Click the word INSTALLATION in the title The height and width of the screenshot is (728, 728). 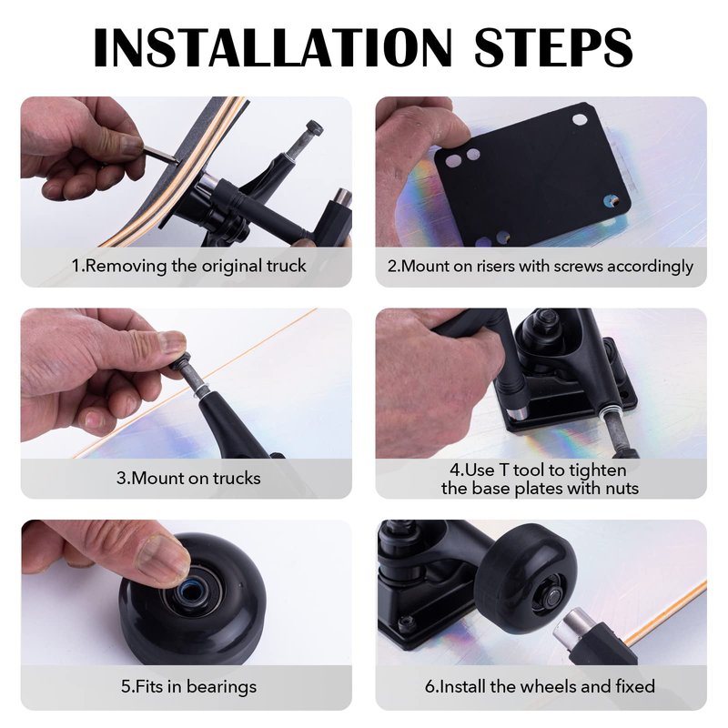point(272,48)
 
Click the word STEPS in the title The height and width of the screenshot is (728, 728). point(553,48)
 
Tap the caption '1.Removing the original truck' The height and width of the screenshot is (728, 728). point(188,266)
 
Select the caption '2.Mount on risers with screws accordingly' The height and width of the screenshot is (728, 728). point(541,267)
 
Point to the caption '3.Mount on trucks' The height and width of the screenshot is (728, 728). point(188,479)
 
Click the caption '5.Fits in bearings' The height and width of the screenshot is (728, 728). point(188,687)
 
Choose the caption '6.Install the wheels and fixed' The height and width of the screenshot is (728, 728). point(540,686)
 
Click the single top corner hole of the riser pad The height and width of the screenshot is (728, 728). point(580,119)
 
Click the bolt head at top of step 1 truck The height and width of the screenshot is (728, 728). point(314,128)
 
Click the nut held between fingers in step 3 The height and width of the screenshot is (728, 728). point(180,360)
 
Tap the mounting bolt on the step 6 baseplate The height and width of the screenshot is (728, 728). point(407,622)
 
